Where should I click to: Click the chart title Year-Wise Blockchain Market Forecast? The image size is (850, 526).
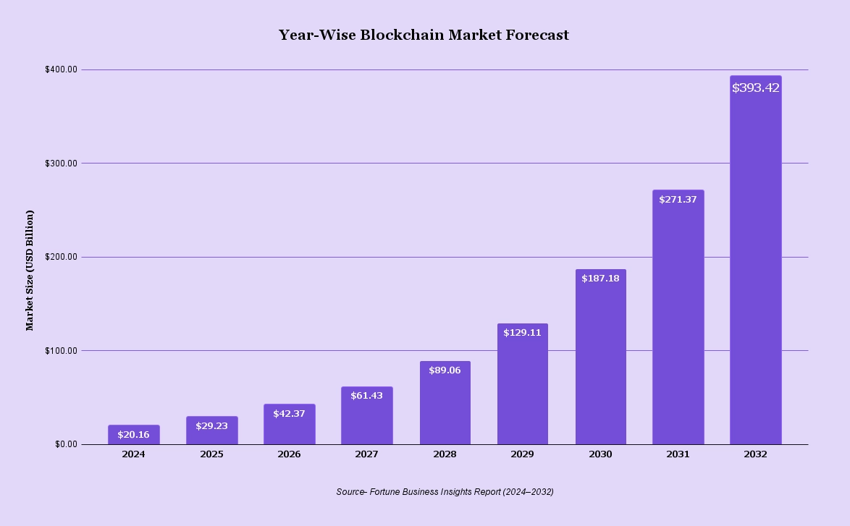(x=424, y=35)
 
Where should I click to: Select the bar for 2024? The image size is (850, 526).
(x=134, y=436)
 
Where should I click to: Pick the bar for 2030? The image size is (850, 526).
(x=601, y=362)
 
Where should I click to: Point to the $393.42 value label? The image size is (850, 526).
(x=755, y=88)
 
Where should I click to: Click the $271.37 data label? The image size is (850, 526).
(x=678, y=200)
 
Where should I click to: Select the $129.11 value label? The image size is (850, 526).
(x=522, y=333)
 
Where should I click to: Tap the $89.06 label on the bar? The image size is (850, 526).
(x=445, y=370)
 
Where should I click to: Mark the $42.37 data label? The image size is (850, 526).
(x=289, y=414)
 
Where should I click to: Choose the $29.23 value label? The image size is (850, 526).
(x=211, y=426)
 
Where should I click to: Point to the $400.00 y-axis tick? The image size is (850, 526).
(x=61, y=69)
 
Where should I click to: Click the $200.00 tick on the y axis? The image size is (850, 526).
(x=61, y=257)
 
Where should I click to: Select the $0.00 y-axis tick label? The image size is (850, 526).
(x=65, y=444)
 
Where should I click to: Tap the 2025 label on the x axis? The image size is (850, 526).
(x=211, y=454)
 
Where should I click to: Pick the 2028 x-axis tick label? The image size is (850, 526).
(x=445, y=454)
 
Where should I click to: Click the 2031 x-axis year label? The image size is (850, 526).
(x=678, y=454)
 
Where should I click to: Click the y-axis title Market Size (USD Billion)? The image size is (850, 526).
(x=30, y=270)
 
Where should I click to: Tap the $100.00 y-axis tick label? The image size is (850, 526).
(x=61, y=351)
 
